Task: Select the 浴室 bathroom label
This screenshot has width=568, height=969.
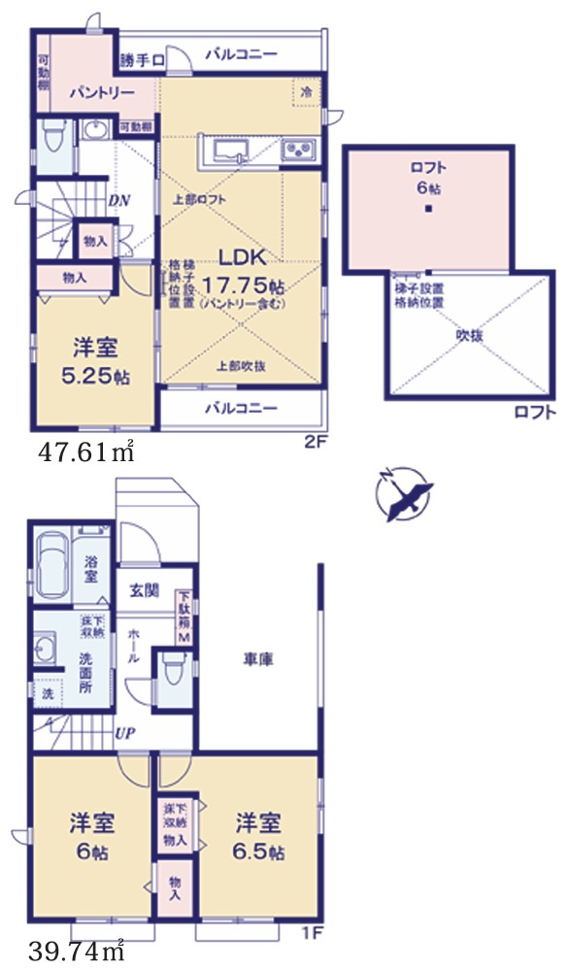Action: (90, 569)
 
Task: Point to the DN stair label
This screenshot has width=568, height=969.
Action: (119, 201)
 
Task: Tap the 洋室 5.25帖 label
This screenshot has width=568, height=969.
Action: (97, 360)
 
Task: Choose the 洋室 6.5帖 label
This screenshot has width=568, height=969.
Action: (259, 837)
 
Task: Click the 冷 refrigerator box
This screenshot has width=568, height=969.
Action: (307, 92)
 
